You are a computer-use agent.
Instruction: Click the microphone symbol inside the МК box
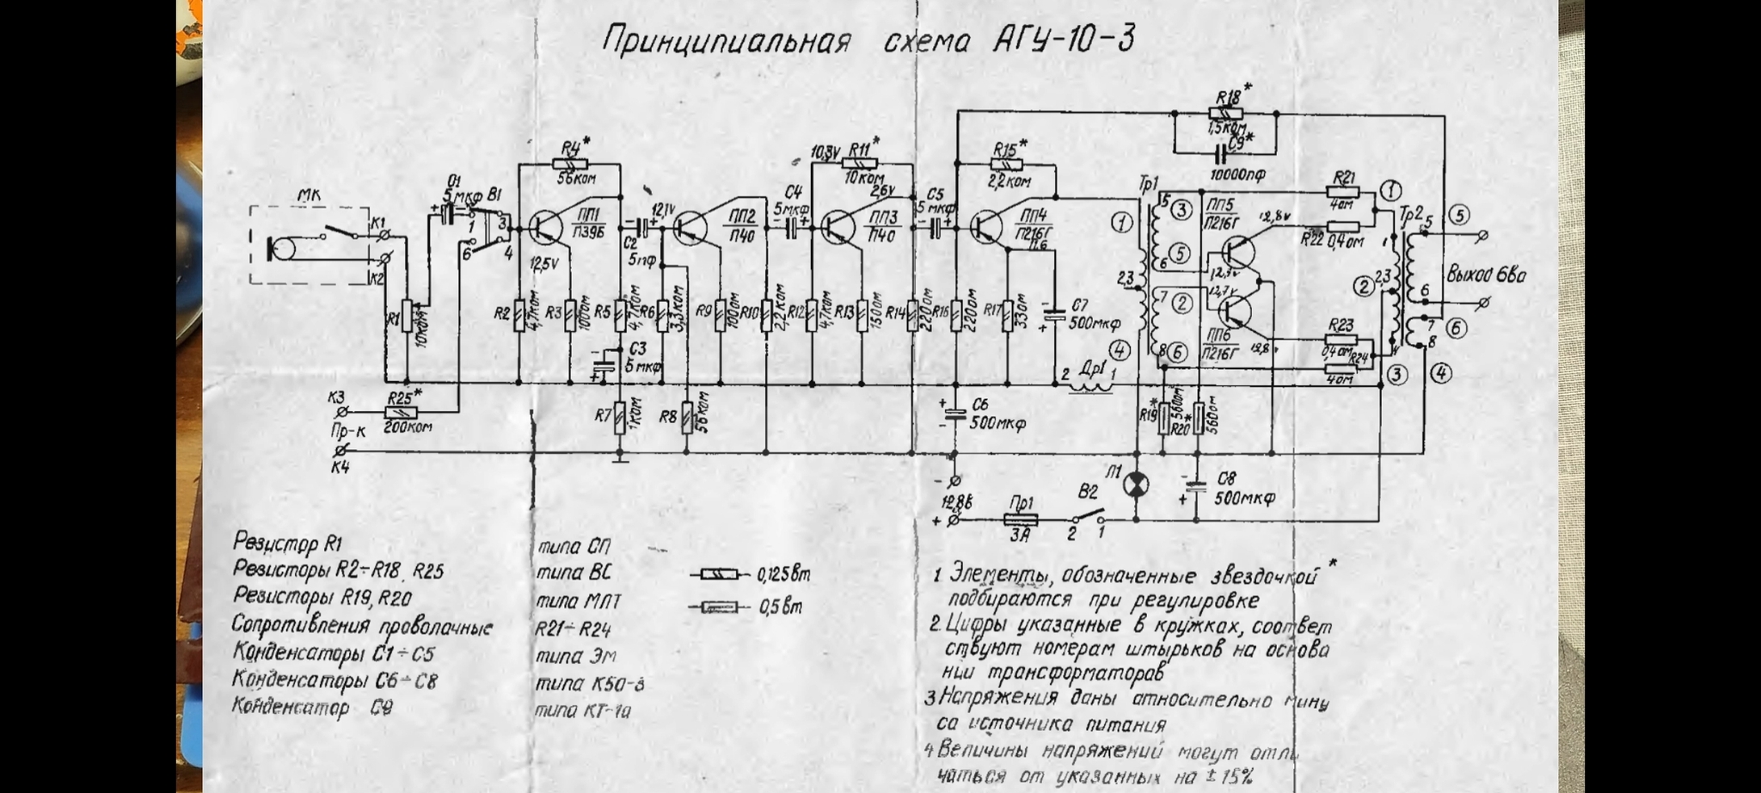click(281, 249)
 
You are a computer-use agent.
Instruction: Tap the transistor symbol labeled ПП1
click(544, 227)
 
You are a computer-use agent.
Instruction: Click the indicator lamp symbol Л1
click(1136, 485)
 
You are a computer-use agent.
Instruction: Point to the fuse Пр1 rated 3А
click(1021, 519)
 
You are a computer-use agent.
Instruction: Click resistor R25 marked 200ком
click(401, 413)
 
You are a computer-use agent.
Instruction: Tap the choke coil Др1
click(1090, 386)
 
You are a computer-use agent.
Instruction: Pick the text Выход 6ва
click(1485, 275)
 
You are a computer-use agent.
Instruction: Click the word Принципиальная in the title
click(727, 40)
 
